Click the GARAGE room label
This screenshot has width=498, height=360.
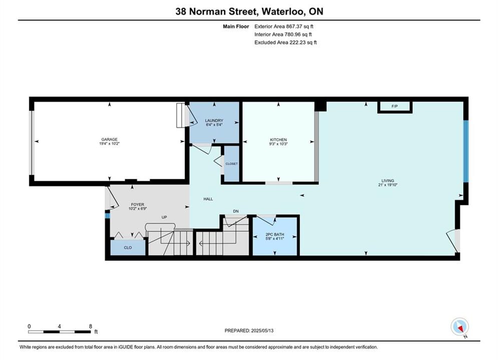tap(109, 139)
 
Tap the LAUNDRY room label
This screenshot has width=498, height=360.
tap(214, 120)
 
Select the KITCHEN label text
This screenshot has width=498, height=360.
tap(278, 139)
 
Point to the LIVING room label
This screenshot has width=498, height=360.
tap(388, 180)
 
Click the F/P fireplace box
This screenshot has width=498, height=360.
tap(395, 106)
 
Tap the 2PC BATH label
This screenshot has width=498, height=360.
tap(275, 234)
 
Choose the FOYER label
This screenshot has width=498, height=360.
tap(138, 204)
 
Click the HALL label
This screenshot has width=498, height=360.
tap(208, 199)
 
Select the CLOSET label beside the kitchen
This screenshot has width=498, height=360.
tap(232, 163)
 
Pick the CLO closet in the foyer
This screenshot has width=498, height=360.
tap(128, 247)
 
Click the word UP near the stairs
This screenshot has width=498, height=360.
tap(164, 217)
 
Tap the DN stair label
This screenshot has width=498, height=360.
tap(236, 211)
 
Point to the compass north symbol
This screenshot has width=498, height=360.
tap(459, 326)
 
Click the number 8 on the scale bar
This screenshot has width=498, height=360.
tap(91, 326)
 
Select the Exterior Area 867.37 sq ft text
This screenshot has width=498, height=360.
tap(284, 26)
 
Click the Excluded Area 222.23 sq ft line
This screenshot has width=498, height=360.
tap(285, 42)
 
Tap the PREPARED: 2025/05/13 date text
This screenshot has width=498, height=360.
tap(249, 330)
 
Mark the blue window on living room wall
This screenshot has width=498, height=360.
tap(465, 151)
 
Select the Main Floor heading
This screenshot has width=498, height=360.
tap(236, 26)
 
